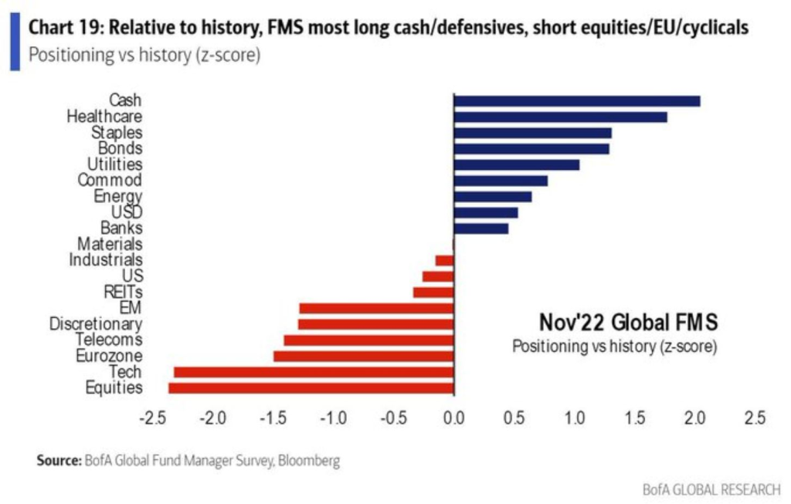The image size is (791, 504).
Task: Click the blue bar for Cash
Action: coord(577,101)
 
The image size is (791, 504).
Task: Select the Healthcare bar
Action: coord(561,117)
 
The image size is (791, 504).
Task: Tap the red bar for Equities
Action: coord(311,387)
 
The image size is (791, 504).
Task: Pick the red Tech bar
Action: coord(314,372)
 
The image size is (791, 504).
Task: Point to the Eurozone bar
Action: coord(363,356)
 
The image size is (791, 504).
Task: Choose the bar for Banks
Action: coord(481,228)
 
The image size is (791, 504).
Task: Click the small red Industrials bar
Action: coord(445,261)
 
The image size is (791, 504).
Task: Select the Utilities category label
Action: coord(114,164)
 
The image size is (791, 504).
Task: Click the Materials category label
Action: coord(110,245)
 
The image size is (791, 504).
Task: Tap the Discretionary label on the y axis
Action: coord(96,324)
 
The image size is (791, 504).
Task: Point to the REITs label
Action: coord(123,292)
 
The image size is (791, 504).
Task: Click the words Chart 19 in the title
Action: coord(64,29)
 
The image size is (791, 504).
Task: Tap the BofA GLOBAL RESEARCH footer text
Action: coord(711,489)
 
